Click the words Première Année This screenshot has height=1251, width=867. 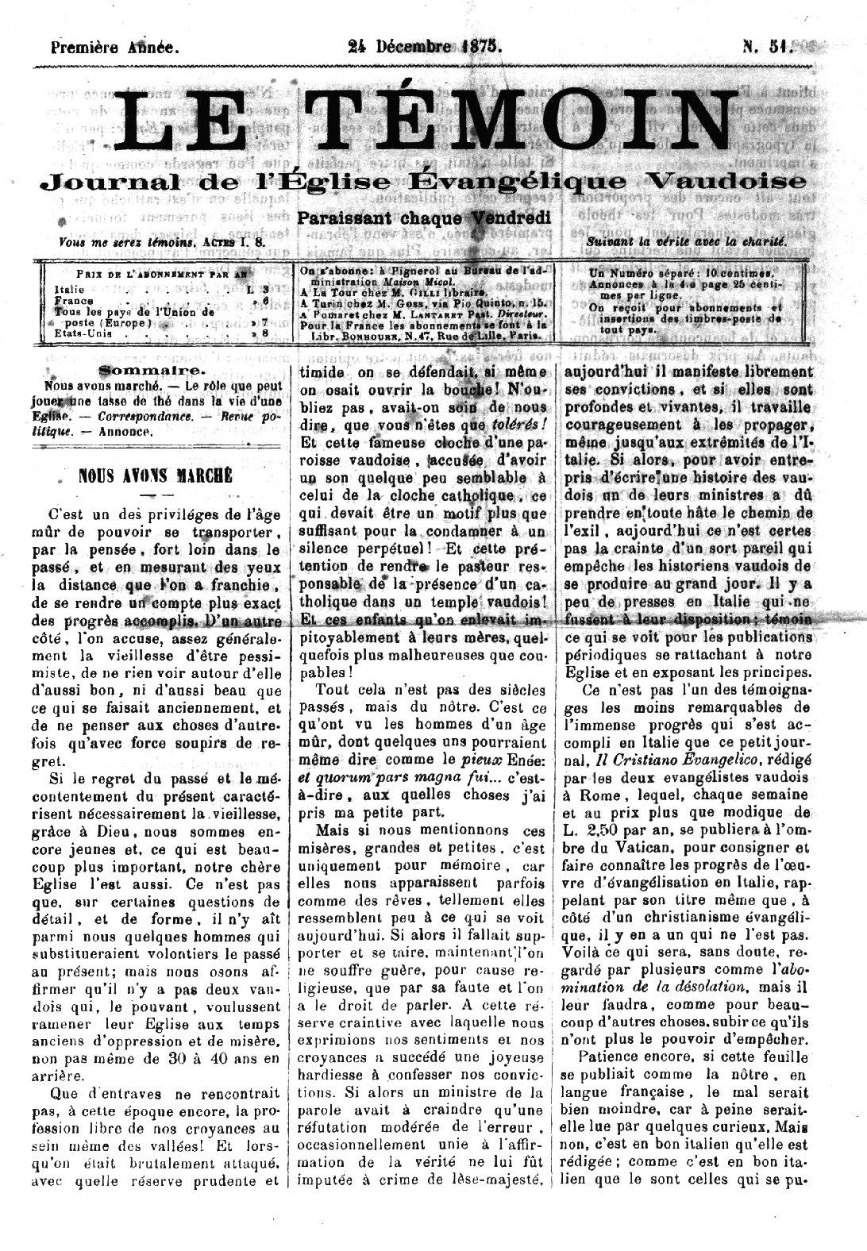pyautogui.click(x=114, y=46)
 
